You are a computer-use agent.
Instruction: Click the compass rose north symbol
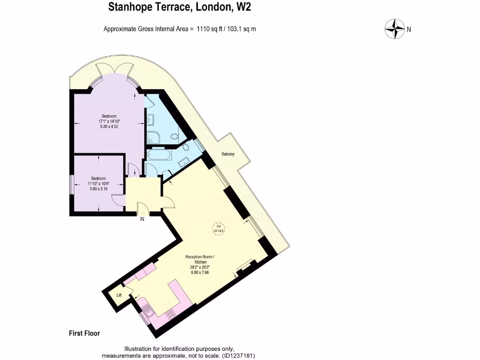[395, 29]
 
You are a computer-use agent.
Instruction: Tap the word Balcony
[228, 154]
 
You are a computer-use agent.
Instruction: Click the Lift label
[119, 295]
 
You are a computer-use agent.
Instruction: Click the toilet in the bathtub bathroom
[186, 147]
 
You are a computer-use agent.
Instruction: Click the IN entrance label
[142, 218]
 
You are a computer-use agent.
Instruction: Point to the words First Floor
[84, 334]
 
